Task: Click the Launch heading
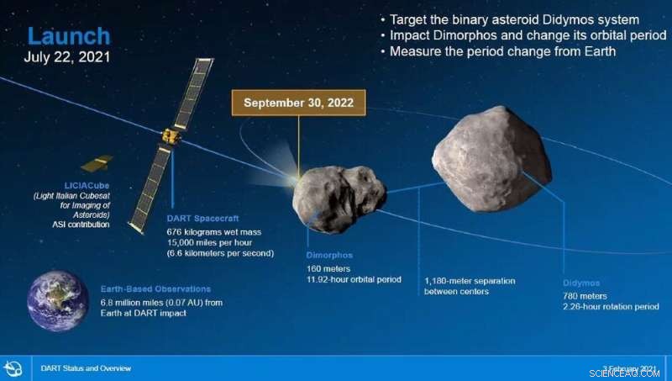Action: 69,36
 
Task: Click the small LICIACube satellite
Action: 97,162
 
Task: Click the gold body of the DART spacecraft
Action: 171,135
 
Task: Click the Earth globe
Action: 57,300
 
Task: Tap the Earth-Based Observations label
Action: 155,288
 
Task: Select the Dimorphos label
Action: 330,253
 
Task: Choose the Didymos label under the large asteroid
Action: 582,283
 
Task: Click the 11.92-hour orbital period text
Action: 354,279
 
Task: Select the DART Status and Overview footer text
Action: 86,368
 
